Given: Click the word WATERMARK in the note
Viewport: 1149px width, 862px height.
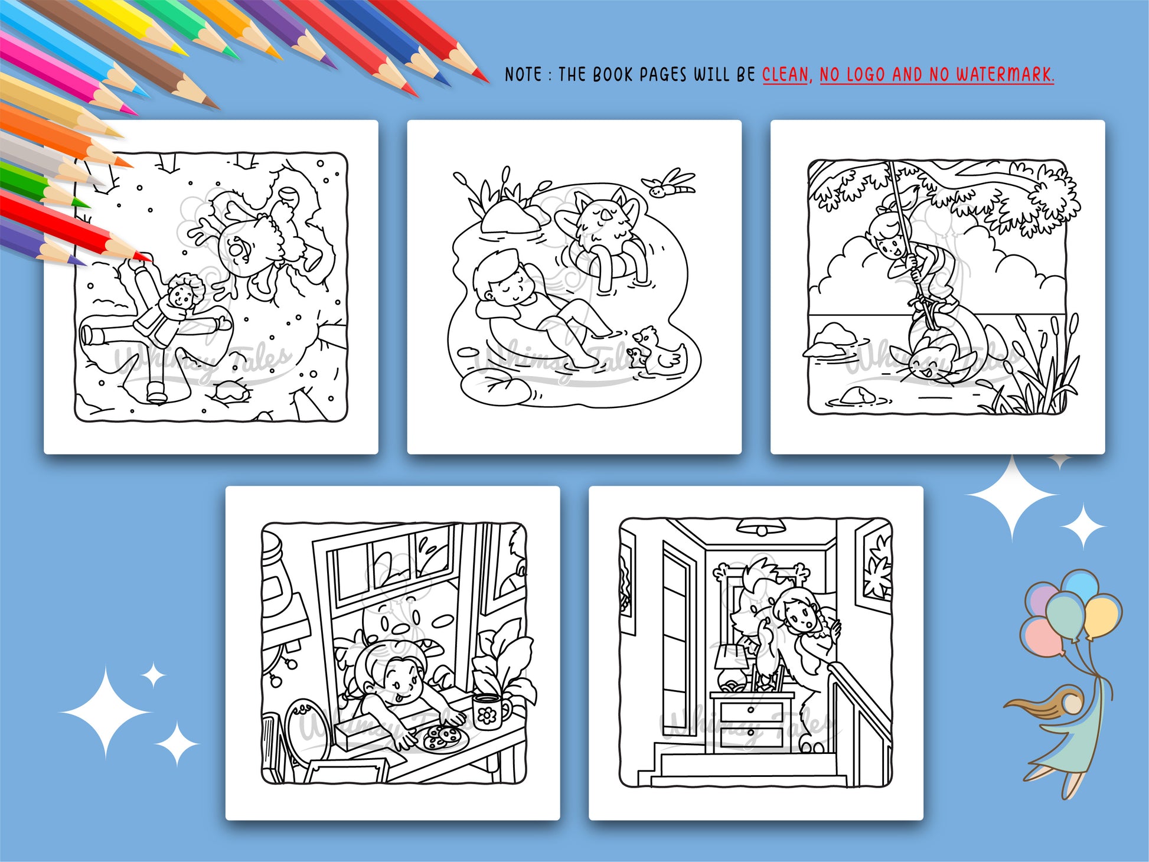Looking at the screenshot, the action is coord(1005,74).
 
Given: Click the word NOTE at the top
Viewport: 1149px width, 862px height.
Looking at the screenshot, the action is coord(523,74).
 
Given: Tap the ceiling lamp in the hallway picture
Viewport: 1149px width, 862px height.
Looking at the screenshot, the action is coord(763,527).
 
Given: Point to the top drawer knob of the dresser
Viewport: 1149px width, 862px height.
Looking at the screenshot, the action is coord(750,710).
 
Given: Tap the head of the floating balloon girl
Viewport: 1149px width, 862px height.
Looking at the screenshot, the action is coord(1071,703).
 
